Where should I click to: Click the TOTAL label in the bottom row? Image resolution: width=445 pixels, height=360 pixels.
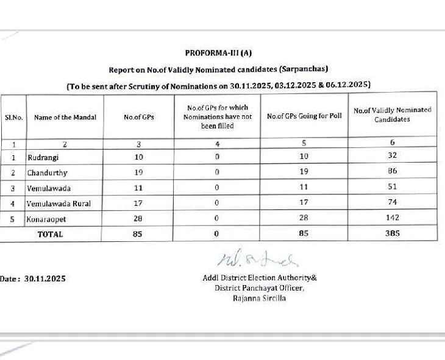(x=50, y=234)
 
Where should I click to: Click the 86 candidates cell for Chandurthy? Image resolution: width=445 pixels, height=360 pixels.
(x=392, y=171)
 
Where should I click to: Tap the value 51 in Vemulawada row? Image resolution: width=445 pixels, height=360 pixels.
(x=392, y=187)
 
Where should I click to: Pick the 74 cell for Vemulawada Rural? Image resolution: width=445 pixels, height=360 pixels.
(x=392, y=202)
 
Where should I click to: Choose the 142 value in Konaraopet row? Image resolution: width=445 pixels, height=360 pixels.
(x=392, y=217)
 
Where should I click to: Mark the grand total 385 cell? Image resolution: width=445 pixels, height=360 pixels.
(x=392, y=233)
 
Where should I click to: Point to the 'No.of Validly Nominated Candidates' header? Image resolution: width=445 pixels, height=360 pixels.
(x=392, y=115)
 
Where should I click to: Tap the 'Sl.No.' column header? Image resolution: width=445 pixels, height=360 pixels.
(x=13, y=117)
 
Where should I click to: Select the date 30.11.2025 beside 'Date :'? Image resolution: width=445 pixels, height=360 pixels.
(x=44, y=278)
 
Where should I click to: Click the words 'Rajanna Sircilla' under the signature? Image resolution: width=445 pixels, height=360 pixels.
(x=259, y=298)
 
